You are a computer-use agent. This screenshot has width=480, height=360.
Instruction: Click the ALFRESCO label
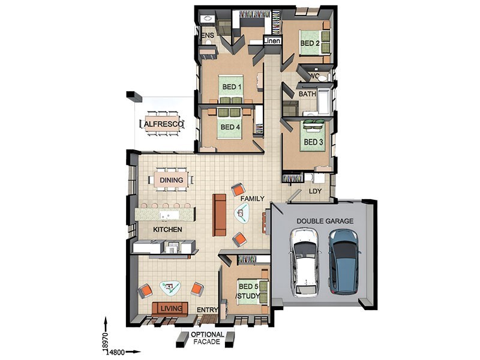pos(163,124)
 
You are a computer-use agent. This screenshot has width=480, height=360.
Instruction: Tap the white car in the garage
pos(305,262)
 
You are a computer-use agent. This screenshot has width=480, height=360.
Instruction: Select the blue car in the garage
pos(344,262)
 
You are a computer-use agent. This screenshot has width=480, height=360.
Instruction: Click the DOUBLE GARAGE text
pos(325,221)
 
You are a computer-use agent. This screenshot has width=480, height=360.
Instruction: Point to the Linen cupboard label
pos(272,41)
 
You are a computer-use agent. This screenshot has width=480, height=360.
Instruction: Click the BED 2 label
pos(310,43)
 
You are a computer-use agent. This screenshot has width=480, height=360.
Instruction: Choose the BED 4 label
pos(230,127)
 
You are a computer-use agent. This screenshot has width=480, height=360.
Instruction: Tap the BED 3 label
pos(313,142)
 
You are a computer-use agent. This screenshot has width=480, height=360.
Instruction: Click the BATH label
pos(307,94)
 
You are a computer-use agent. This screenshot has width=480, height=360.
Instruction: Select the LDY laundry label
pos(315,191)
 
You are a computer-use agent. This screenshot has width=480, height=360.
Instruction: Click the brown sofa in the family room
pos(219,215)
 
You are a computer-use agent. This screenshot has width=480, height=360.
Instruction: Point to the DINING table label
pos(172,180)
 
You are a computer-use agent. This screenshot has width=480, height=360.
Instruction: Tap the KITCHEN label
pos(167,229)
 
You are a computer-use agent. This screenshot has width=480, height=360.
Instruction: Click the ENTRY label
pos(207,310)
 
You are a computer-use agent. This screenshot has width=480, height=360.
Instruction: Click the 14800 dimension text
pos(115,352)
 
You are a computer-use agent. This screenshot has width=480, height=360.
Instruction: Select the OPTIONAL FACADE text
pos(207,338)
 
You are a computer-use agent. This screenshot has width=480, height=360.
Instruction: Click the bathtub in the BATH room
pos(324,100)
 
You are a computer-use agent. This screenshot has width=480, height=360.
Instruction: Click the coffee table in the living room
pos(170,288)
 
